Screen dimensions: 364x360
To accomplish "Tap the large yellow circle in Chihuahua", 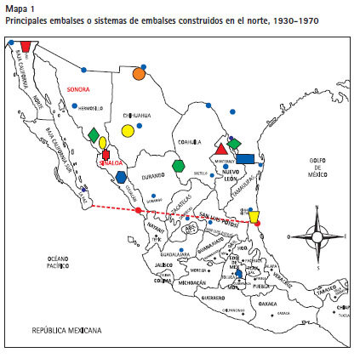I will pyautogui.click(x=128, y=131).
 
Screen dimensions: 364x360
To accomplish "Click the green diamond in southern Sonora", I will pyautogui.click(x=93, y=134).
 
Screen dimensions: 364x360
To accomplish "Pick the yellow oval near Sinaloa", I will pyautogui.click(x=102, y=143).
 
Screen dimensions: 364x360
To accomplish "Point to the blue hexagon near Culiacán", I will pyautogui.click(x=121, y=177).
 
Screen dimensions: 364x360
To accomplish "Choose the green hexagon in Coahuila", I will pyautogui.click(x=178, y=165).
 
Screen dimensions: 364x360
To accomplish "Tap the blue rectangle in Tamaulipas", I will pyautogui.click(x=245, y=158).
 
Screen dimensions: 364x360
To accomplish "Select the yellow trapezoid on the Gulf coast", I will pyautogui.click(x=254, y=216).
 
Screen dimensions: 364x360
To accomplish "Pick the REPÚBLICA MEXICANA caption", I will pyautogui.click(x=66, y=329).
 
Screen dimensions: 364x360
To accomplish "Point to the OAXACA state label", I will pyautogui.click(x=269, y=303).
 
